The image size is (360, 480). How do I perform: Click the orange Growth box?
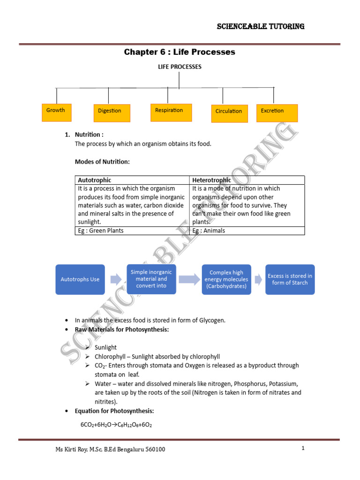57,112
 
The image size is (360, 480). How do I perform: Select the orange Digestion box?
111,113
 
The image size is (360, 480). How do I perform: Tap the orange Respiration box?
171,112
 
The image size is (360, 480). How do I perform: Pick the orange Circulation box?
229,113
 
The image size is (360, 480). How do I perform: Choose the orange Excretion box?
277,112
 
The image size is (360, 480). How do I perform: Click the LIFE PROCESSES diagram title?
180,67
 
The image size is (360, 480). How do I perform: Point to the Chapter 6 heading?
180,52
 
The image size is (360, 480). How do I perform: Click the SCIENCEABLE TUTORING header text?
261,26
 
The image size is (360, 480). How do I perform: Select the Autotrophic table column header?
95,180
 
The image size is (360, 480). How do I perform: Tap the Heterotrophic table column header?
212,180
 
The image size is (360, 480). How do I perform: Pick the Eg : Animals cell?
209,231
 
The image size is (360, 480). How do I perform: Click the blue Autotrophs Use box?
80,279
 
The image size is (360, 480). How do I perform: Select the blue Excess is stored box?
290,279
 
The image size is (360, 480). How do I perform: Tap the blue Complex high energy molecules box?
226,279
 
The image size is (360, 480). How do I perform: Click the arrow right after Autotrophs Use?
115,280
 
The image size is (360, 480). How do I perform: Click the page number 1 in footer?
303,449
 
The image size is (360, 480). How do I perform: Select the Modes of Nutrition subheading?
102,162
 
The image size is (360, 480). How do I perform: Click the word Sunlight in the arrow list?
106,348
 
